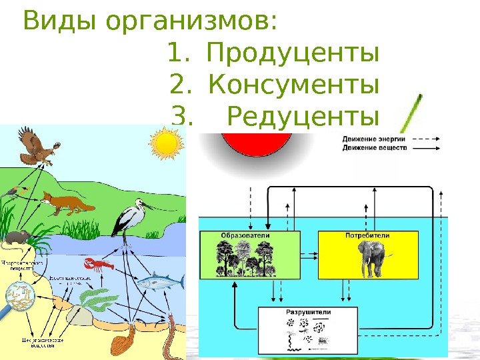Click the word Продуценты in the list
point(294,53)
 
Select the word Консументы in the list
point(294,86)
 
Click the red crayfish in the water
point(97,266)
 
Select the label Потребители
point(367,236)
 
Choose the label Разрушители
point(308,312)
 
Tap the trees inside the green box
point(245,259)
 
